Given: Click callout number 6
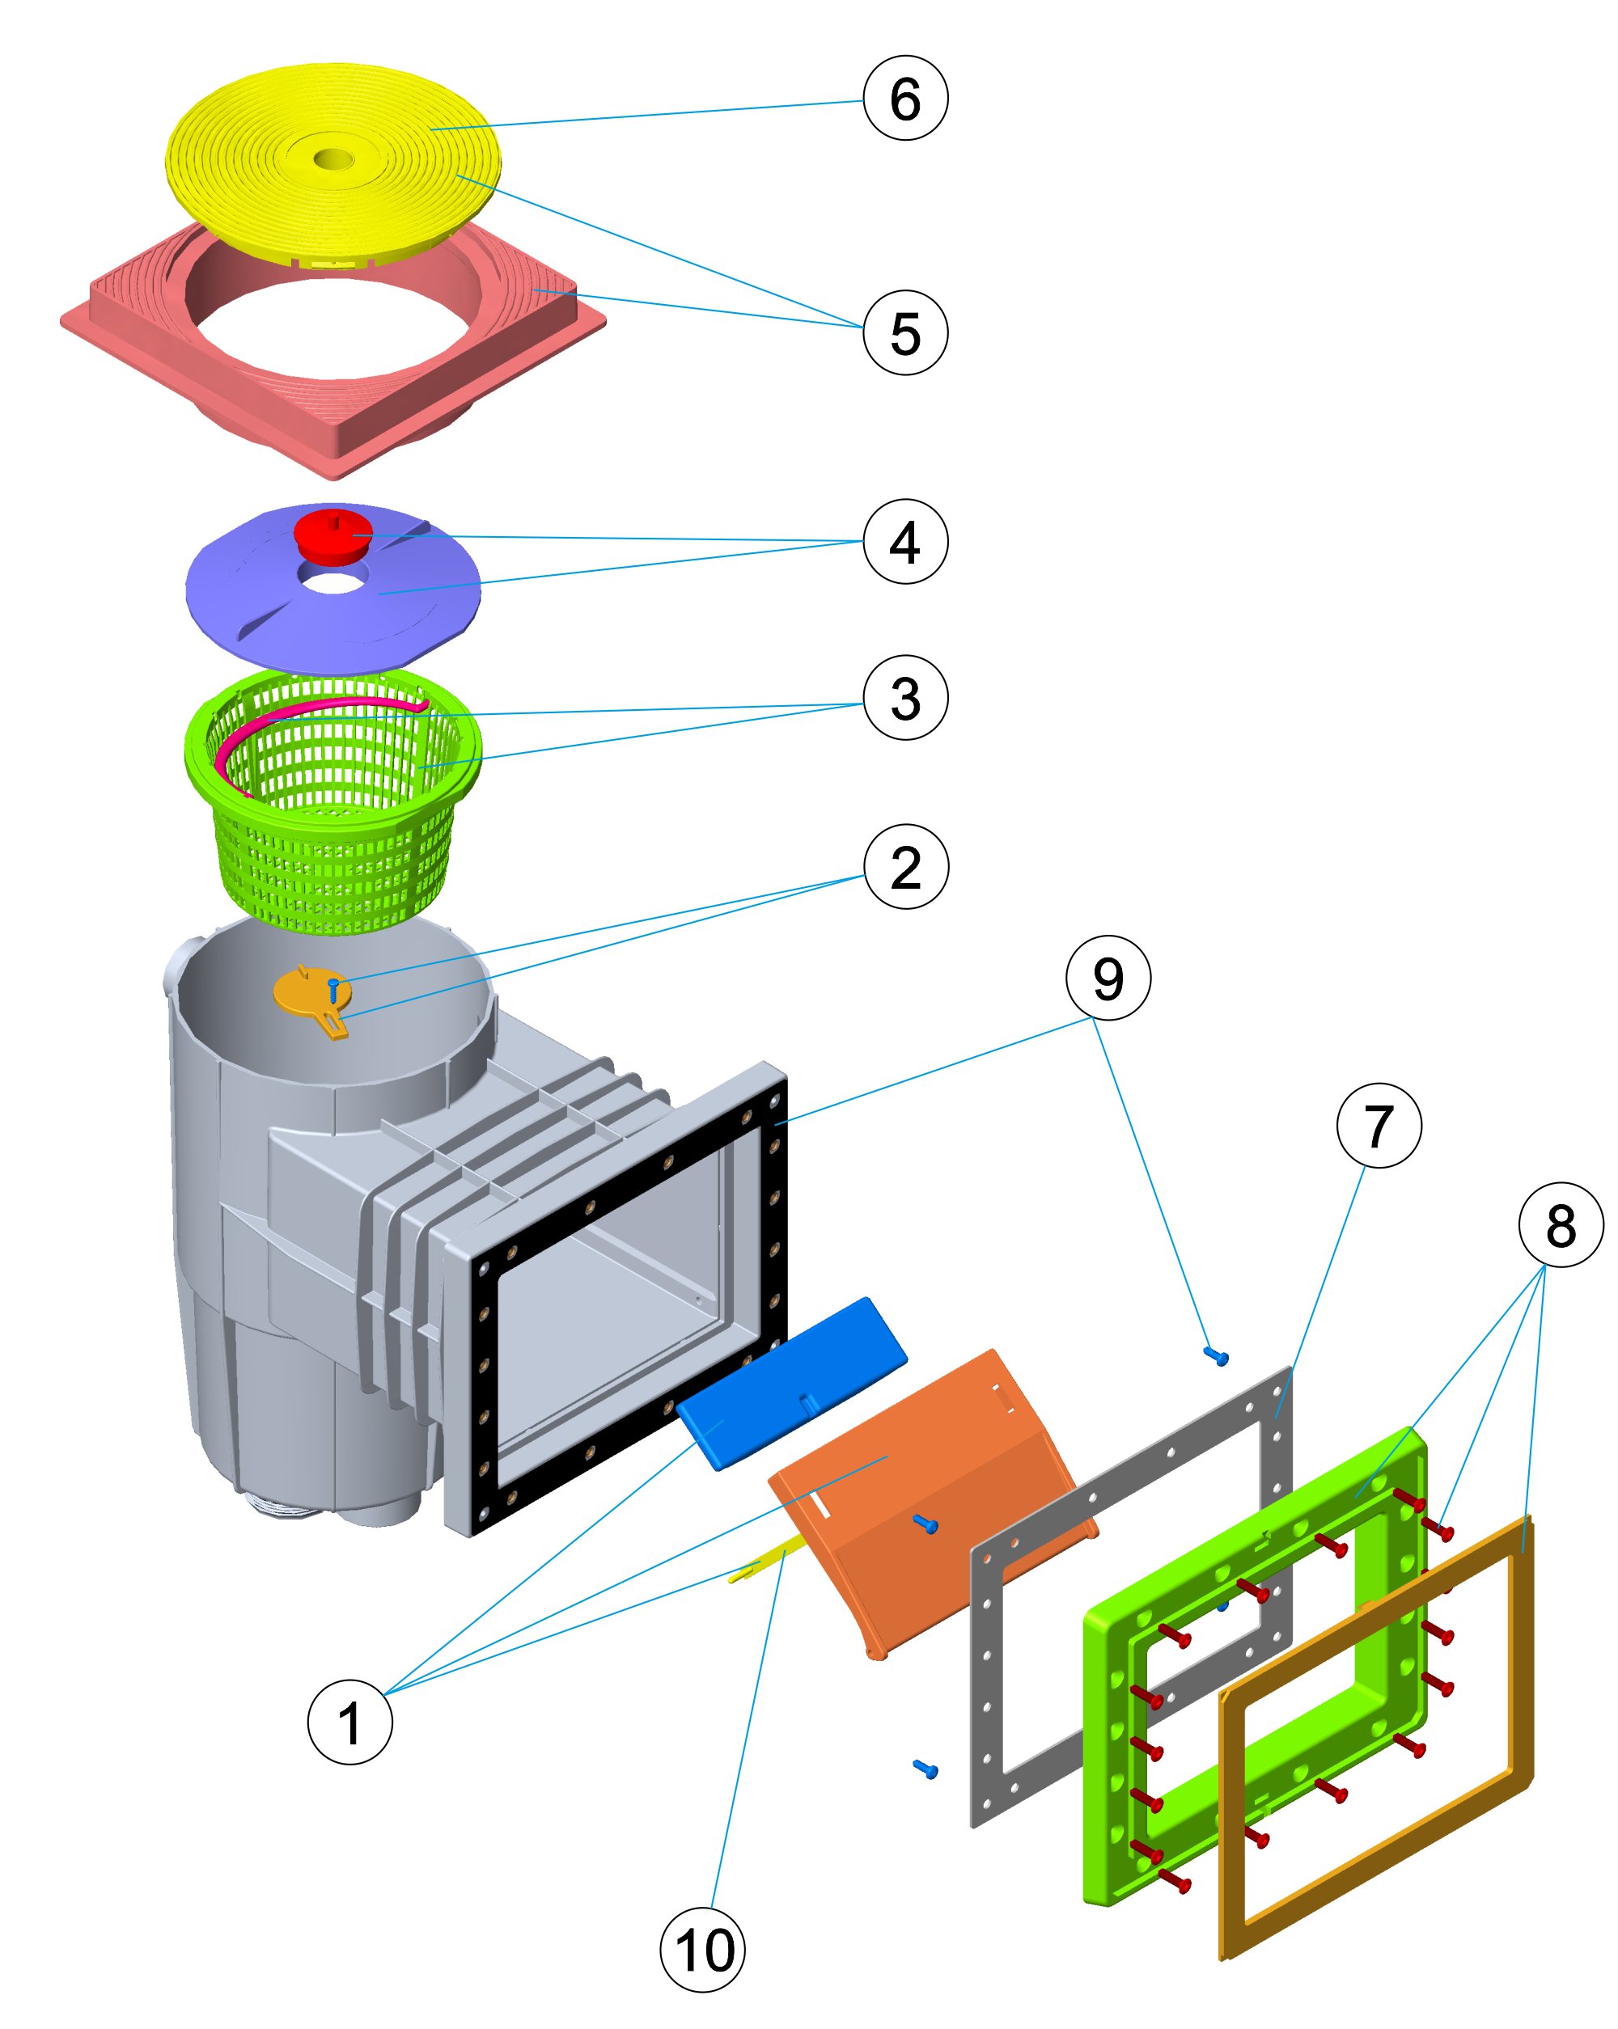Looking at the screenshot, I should (904, 98).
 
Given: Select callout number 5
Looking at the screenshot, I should (904, 332).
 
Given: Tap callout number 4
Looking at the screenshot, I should (904, 541).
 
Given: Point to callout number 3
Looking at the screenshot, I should (904, 697).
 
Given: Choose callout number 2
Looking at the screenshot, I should (905, 866).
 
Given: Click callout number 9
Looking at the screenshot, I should (1107, 977).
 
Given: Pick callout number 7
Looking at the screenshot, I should (1378, 1126).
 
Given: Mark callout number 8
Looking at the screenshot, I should (1560, 1224).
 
